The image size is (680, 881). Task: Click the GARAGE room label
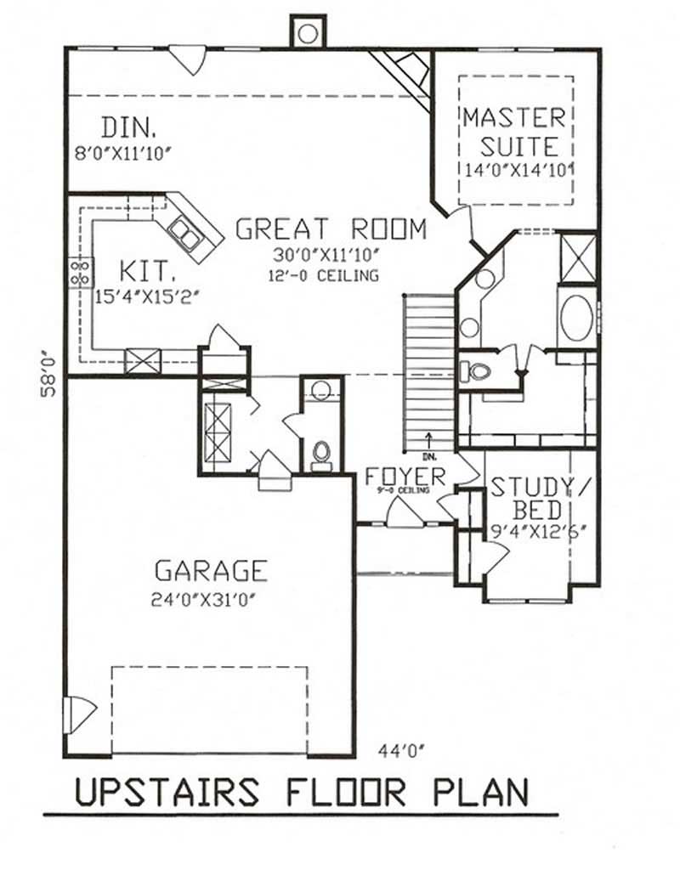click(x=210, y=569)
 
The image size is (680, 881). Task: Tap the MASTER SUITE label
click(x=513, y=132)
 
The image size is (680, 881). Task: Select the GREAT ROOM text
click(x=331, y=229)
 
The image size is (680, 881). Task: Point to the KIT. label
click(x=147, y=272)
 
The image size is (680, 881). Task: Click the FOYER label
click(x=405, y=475)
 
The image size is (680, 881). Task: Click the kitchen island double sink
click(x=185, y=233)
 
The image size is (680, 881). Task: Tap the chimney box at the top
click(x=308, y=32)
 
